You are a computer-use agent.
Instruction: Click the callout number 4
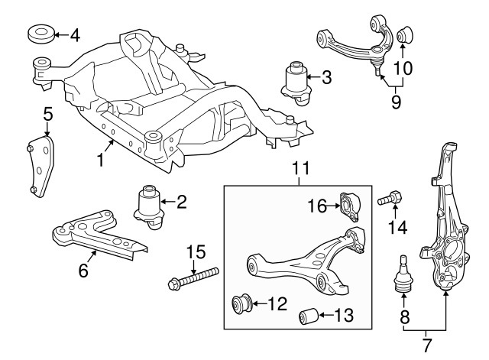point(74,35)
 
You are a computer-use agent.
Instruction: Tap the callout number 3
point(326,76)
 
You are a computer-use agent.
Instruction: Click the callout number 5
point(47,115)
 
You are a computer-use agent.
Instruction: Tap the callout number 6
point(83,269)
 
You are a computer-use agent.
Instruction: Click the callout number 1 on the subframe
point(100,161)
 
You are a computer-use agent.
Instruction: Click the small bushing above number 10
point(403,34)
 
